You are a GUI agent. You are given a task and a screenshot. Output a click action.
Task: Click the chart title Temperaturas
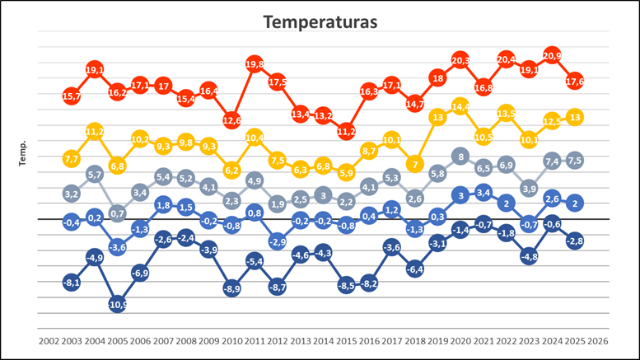point(320,22)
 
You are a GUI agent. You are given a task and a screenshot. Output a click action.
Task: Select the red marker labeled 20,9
point(552,55)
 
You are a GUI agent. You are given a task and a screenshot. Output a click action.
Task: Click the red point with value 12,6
point(231,121)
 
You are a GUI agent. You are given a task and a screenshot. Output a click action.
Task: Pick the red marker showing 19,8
point(255,63)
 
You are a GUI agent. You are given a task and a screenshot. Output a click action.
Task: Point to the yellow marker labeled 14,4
point(460,107)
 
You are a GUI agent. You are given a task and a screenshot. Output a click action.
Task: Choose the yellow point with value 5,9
point(346,173)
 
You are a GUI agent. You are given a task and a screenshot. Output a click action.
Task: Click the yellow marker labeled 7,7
point(72,159)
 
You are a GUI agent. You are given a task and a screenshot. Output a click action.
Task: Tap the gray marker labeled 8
point(460,157)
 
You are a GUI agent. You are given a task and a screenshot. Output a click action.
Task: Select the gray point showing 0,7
point(117,213)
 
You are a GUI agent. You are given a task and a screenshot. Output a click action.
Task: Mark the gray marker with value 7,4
point(552,161)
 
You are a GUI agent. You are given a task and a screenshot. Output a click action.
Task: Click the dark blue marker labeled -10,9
point(117,304)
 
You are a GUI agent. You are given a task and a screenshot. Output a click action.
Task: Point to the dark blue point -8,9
point(231,288)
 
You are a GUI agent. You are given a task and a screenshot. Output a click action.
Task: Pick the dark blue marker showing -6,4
point(415,269)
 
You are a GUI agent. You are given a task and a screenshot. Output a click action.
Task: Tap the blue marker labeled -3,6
point(117,247)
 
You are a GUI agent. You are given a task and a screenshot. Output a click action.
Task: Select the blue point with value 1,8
point(163,205)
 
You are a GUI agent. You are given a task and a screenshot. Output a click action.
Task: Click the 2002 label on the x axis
point(49,339)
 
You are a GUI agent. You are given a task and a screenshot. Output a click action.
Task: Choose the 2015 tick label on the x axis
point(346,339)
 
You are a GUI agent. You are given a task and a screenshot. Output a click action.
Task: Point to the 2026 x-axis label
point(598,339)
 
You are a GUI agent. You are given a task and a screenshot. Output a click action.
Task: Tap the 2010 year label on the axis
point(231,339)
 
